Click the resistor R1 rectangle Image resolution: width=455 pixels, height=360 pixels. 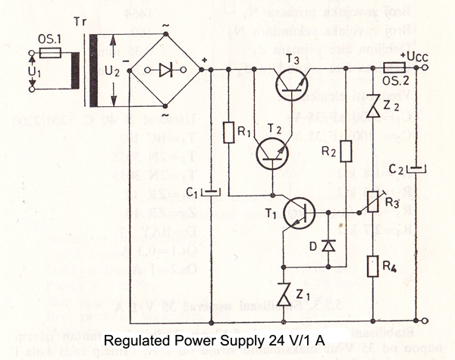tap(228, 132)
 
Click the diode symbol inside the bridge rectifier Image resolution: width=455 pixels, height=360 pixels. tap(165, 70)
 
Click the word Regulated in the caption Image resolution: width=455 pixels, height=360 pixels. tap(135, 340)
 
